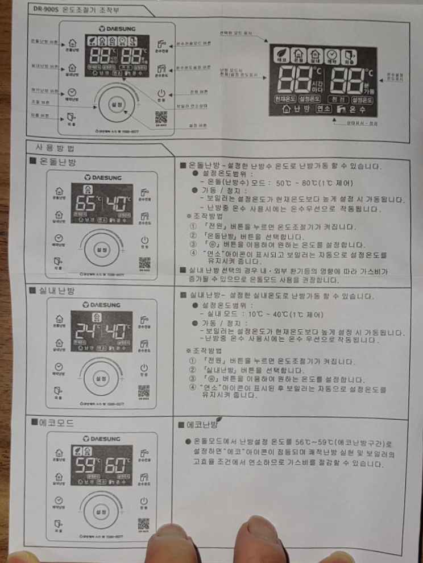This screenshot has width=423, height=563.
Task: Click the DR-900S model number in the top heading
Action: coord(47,10)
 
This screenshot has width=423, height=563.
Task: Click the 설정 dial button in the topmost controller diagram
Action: coord(118,105)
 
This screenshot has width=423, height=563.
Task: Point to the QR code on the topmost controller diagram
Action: coord(161,118)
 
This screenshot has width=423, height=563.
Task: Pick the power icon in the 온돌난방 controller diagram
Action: coord(144,241)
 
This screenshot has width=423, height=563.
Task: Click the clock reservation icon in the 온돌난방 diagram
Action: coord(57,240)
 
